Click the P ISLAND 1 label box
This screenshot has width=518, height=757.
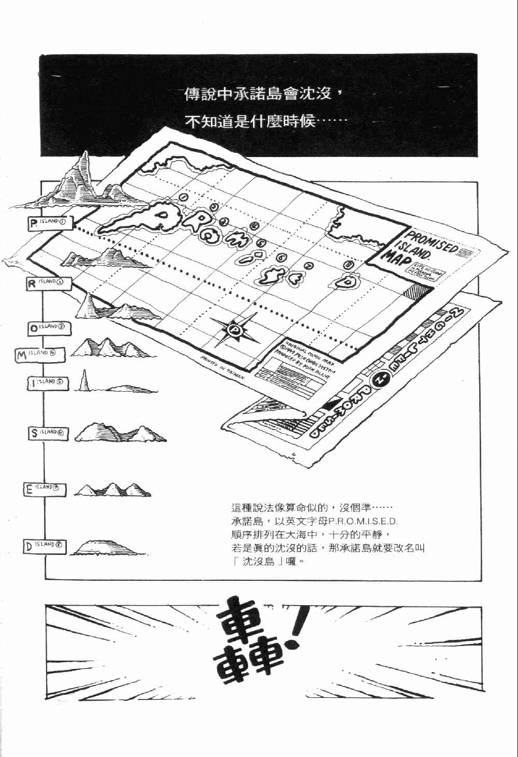(x=50, y=223)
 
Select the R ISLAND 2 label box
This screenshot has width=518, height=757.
(x=49, y=283)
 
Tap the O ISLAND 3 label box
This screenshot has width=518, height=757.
(x=49, y=328)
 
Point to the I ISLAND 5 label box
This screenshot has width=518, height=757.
(x=48, y=383)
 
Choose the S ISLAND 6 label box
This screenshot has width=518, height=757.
(x=48, y=433)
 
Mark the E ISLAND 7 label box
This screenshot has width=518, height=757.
(x=45, y=489)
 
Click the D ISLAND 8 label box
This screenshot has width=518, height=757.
(x=45, y=547)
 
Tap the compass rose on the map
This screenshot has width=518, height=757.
(x=235, y=329)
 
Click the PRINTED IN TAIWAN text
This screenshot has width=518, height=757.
(x=223, y=368)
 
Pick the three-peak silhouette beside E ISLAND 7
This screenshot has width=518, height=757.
(x=112, y=490)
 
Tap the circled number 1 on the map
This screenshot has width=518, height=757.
(x=183, y=197)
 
